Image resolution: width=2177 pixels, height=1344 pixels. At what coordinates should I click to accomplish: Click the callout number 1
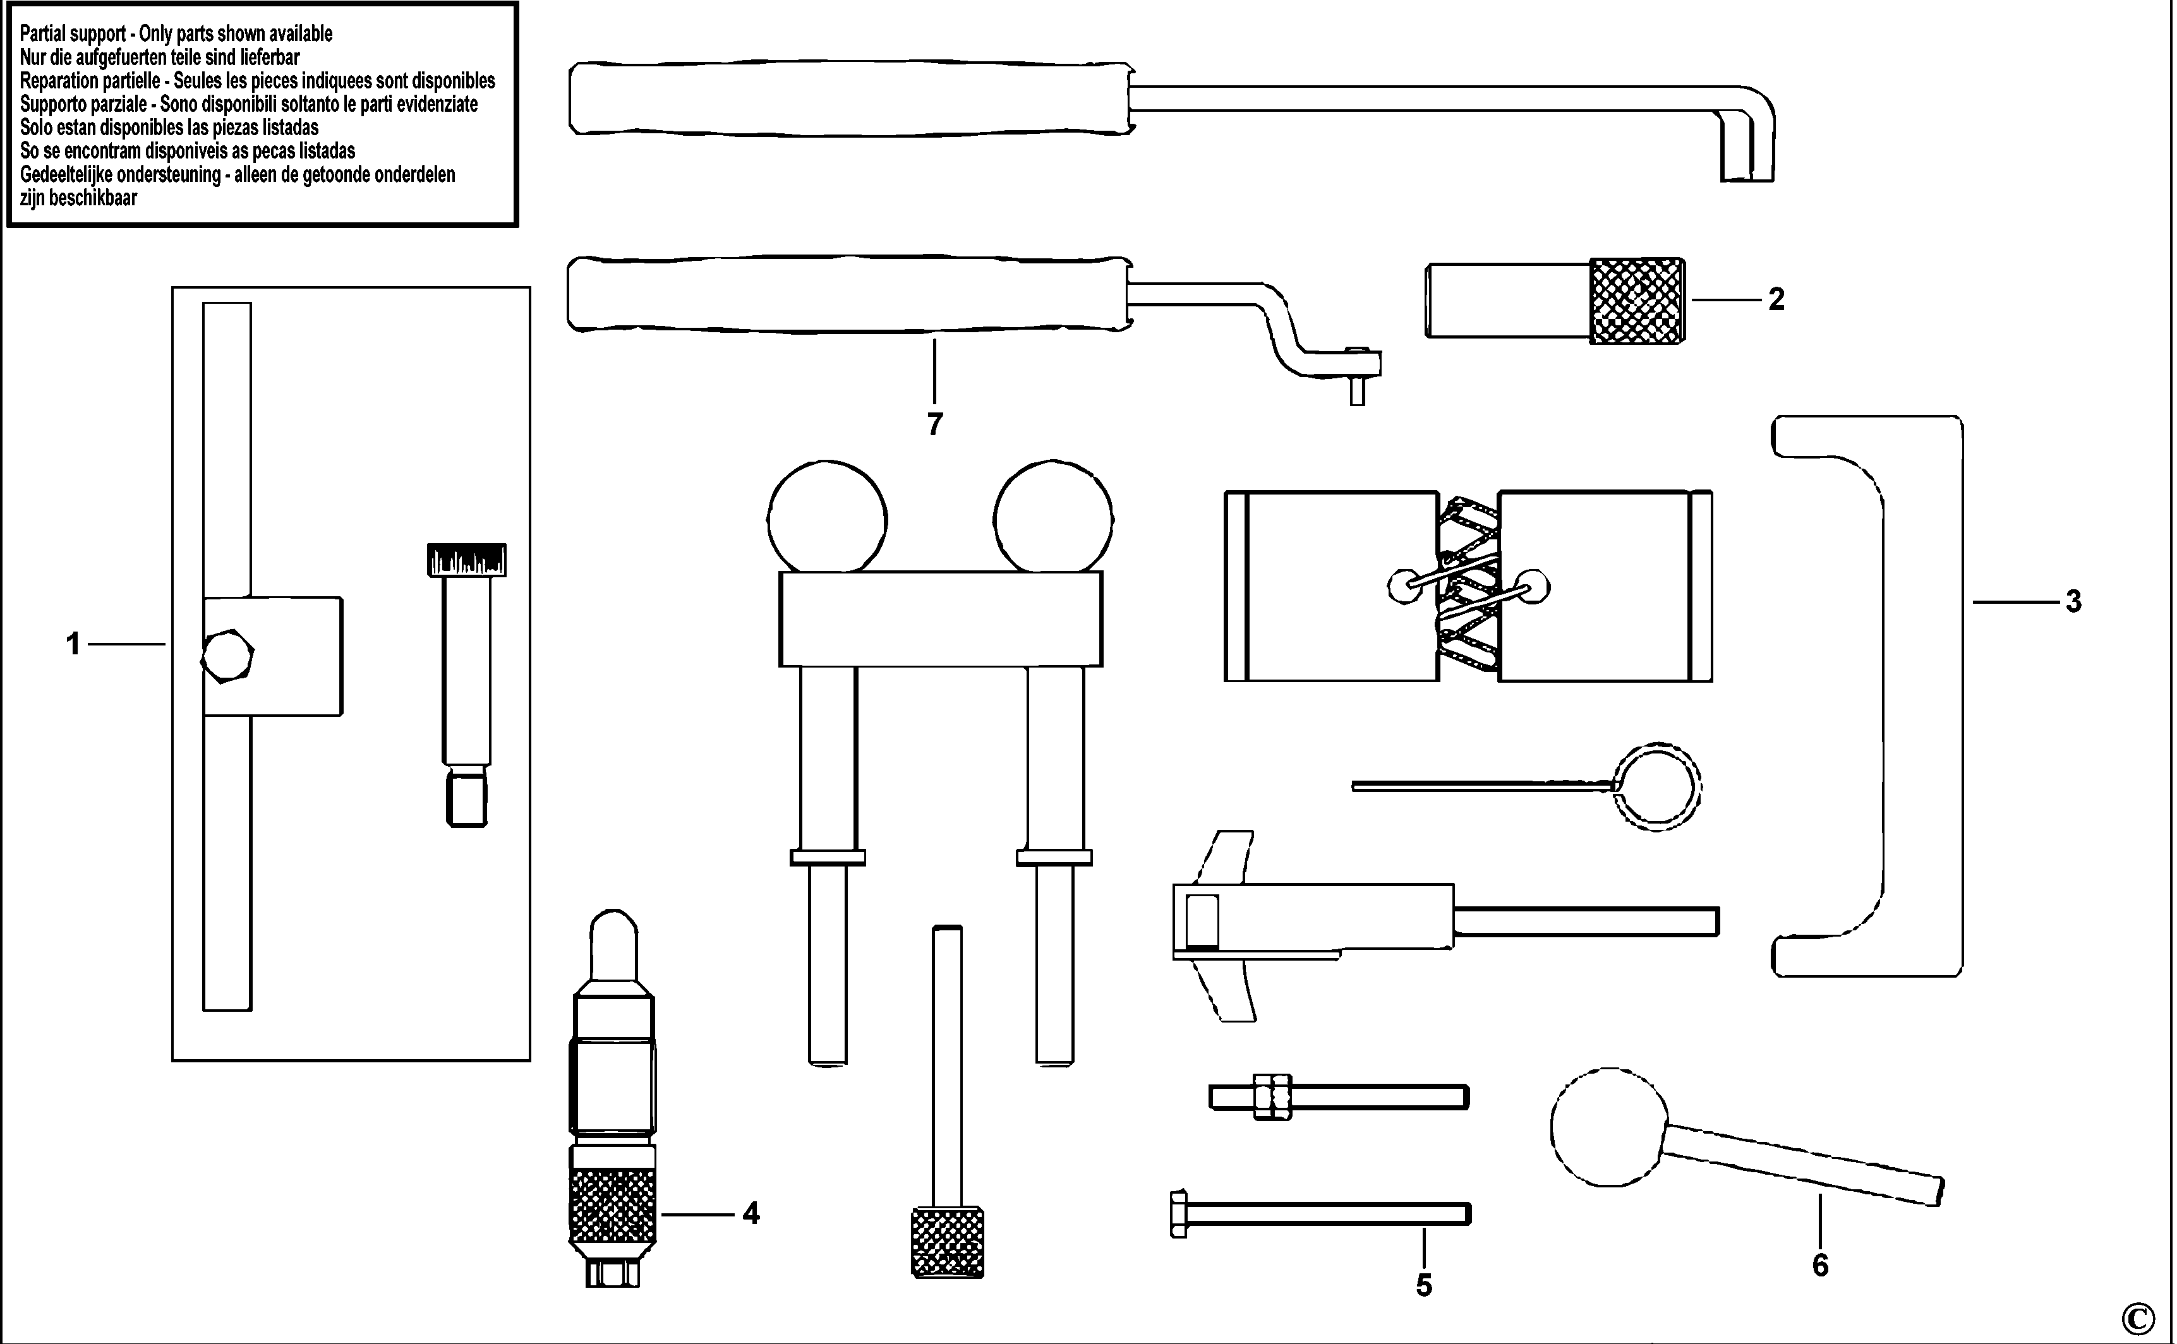pyautogui.click(x=73, y=644)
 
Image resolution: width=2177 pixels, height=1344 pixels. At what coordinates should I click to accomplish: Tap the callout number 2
pyautogui.click(x=1776, y=299)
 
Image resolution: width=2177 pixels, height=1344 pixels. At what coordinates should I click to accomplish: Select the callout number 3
pyautogui.click(x=2073, y=602)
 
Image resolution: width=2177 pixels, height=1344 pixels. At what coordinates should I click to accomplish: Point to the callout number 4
pyautogui.click(x=751, y=1213)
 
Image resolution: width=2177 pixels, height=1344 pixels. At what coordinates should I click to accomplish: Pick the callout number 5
pyautogui.click(x=1423, y=1285)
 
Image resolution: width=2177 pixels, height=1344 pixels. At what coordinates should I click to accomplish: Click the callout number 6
pyautogui.click(x=1819, y=1265)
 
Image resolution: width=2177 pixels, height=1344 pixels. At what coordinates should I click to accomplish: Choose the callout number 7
pyautogui.click(x=934, y=425)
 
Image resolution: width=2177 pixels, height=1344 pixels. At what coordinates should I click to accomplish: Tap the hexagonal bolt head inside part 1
pyautogui.click(x=227, y=656)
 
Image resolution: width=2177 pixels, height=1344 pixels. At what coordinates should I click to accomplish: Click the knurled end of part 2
pyautogui.click(x=1636, y=301)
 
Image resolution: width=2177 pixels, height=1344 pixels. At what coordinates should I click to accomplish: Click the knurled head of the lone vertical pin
pyautogui.click(x=948, y=1242)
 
